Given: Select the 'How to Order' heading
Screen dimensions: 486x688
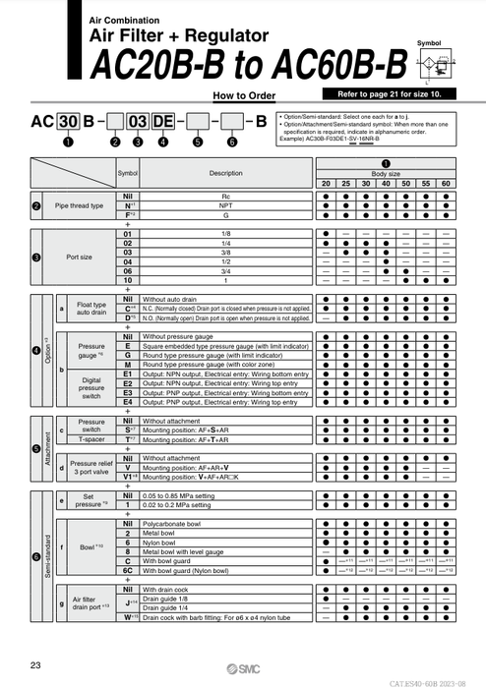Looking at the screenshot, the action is point(243,95).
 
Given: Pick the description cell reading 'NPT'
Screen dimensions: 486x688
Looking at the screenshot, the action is point(225,206).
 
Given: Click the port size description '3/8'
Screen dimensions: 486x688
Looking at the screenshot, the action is point(225,253).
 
